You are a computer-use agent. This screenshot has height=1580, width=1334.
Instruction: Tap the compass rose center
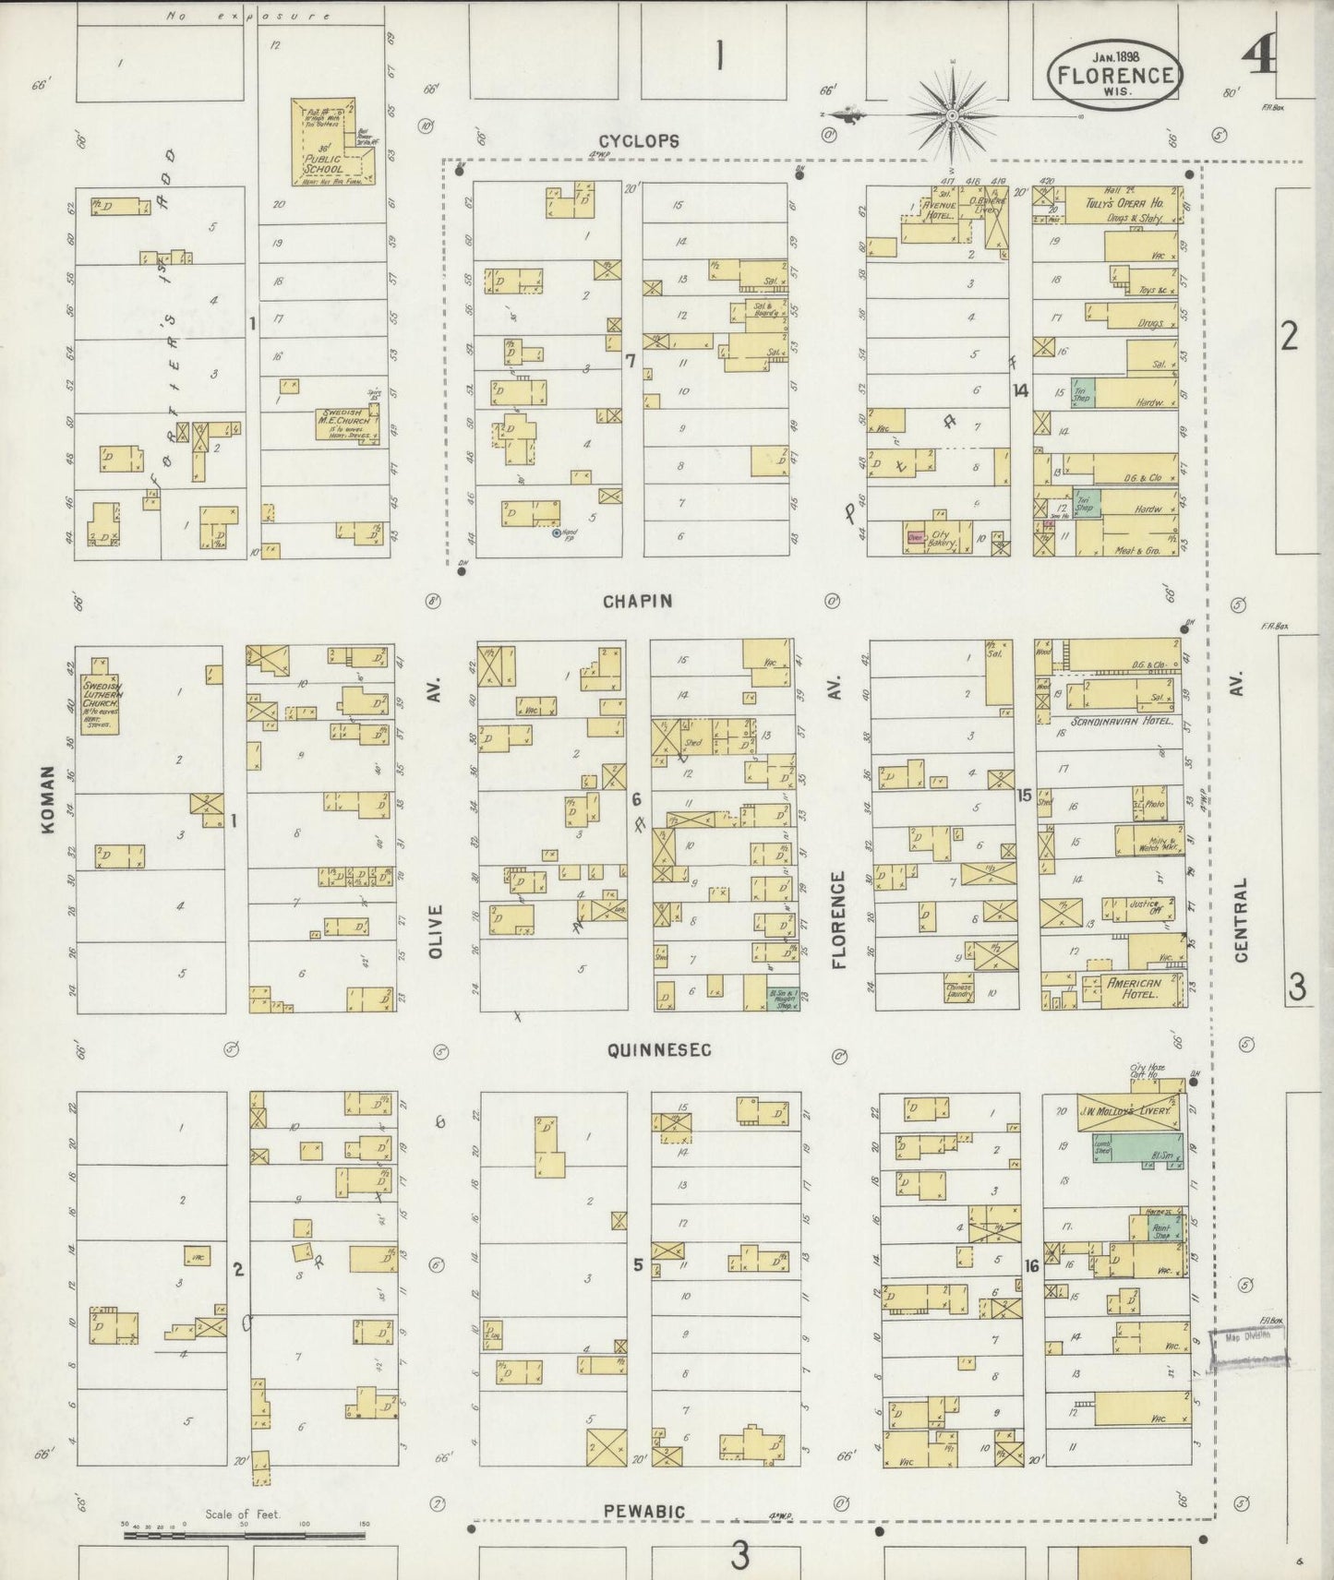tap(952, 115)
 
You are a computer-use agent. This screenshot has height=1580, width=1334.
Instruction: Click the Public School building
tap(331, 144)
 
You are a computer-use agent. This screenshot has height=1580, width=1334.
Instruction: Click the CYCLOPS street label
tap(639, 141)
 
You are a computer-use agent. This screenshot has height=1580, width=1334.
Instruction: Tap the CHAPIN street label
tap(637, 602)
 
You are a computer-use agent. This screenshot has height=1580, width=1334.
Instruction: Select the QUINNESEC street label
tap(659, 1050)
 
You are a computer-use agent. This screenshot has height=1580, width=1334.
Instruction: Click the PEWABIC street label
tap(644, 1512)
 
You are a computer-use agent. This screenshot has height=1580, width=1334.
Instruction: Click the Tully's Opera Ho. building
tap(1121, 205)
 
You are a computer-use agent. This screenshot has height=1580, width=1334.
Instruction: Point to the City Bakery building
tap(939, 537)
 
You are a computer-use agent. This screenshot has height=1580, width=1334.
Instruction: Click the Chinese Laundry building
tap(959, 990)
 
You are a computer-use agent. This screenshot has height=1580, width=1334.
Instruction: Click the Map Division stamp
tap(1248, 1335)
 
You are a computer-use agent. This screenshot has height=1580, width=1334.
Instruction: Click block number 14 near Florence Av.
tap(1019, 390)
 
